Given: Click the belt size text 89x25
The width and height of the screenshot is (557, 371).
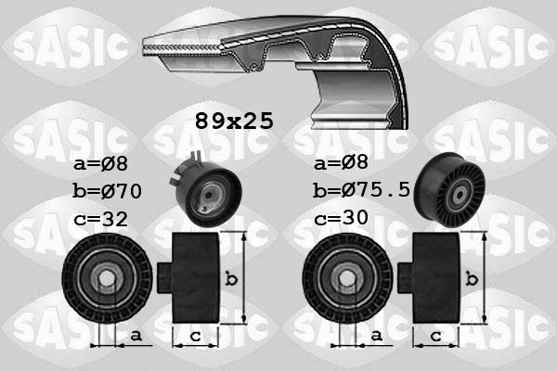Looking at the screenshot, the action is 235,122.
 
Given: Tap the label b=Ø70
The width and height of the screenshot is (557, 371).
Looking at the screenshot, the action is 108,191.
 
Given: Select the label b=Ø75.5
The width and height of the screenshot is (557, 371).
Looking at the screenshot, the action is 362,190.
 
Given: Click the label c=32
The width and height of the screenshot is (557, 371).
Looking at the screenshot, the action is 100,219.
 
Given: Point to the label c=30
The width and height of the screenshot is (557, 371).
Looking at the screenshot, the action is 341,218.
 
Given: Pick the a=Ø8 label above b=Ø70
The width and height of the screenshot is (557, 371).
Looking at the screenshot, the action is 100,163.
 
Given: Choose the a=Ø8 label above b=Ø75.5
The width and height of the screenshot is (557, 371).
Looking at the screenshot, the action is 341,162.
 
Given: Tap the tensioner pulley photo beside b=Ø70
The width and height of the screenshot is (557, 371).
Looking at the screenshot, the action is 205,190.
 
